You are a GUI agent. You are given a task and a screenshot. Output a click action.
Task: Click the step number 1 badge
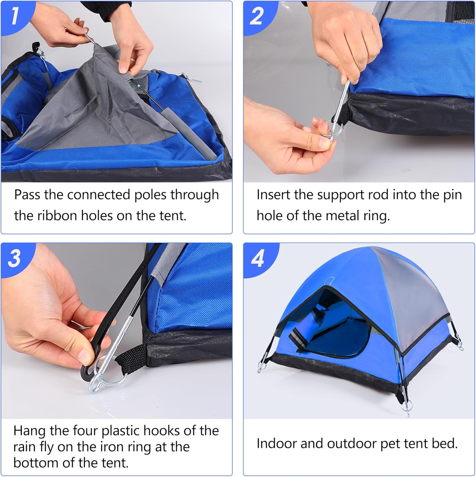click(x=14, y=16)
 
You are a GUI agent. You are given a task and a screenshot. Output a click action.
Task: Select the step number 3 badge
click(x=15, y=258)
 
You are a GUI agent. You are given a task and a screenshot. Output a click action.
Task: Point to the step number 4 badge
click(x=257, y=258)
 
